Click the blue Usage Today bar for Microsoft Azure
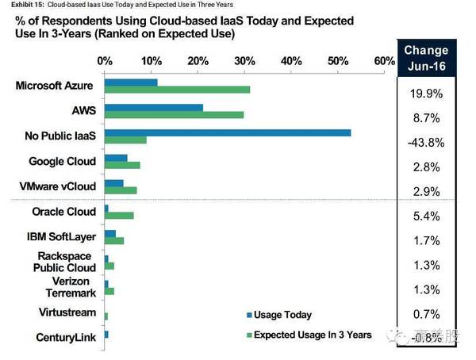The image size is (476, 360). point(131,82)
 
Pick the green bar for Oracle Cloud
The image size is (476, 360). point(119,216)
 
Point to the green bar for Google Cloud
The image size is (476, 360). point(122,165)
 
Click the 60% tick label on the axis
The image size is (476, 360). point(384,60)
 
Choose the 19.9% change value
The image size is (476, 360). point(426,94)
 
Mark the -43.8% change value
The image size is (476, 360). point(426,142)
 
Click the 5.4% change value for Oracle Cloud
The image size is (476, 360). point(426,216)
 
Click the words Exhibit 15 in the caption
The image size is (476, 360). point(19,5)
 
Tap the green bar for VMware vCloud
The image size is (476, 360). point(121,190)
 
